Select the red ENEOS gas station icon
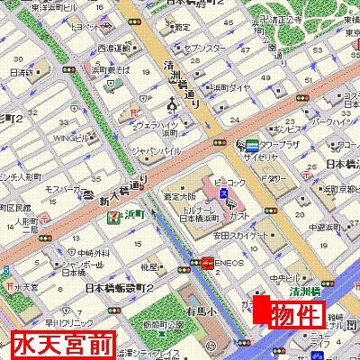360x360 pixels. point(207,264)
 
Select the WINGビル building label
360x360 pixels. point(68,138)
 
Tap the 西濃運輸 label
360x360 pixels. point(114,48)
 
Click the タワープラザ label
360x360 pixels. point(283,143)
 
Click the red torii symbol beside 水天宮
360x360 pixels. point(8,287)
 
